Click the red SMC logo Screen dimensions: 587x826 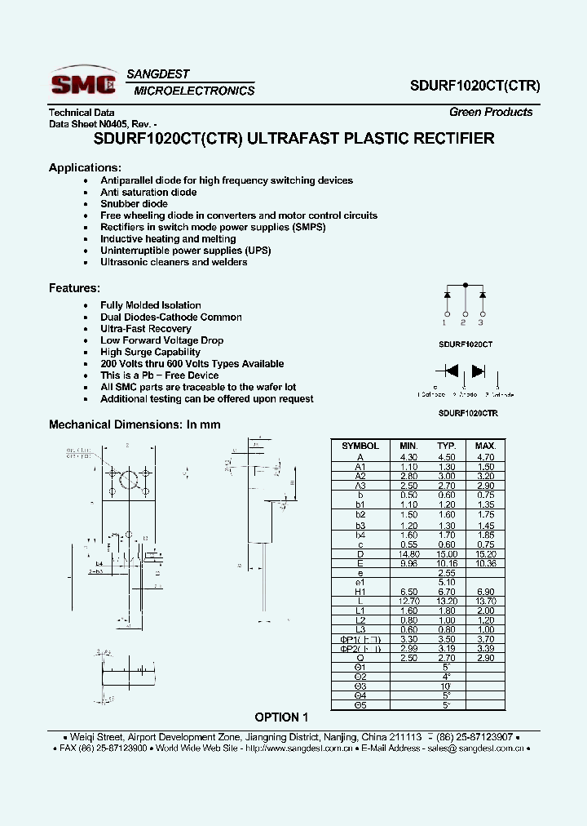click(x=82, y=82)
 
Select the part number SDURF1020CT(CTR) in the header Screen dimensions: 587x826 click(x=474, y=84)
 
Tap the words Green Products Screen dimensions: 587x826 click(x=491, y=112)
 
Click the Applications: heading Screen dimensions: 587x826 click(x=86, y=167)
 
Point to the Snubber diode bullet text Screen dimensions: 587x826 click(x=134, y=204)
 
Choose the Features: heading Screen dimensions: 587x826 click(x=75, y=287)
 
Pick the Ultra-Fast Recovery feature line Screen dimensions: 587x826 click(x=146, y=329)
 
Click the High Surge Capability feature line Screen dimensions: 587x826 click(x=150, y=352)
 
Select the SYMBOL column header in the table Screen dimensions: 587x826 click(x=360, y=446)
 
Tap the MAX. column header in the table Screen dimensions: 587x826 click(x=485, y=446)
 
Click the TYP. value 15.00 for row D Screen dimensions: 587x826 click(x=446, y=554)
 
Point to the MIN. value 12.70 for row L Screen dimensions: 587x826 click(x=408, y=600)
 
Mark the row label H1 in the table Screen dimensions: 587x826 click(x=360, y=591)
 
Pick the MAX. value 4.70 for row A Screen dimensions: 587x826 click(x=485, y=458)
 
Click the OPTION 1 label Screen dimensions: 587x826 click(x=282, y=717)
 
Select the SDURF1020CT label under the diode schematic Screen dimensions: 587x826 click(x=466, y=344)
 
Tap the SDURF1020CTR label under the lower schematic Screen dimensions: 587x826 click(x=468, y=413)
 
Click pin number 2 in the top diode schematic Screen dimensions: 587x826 click(x=465, y=322)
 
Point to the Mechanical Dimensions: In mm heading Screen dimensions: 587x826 click(x=135, y=424)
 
